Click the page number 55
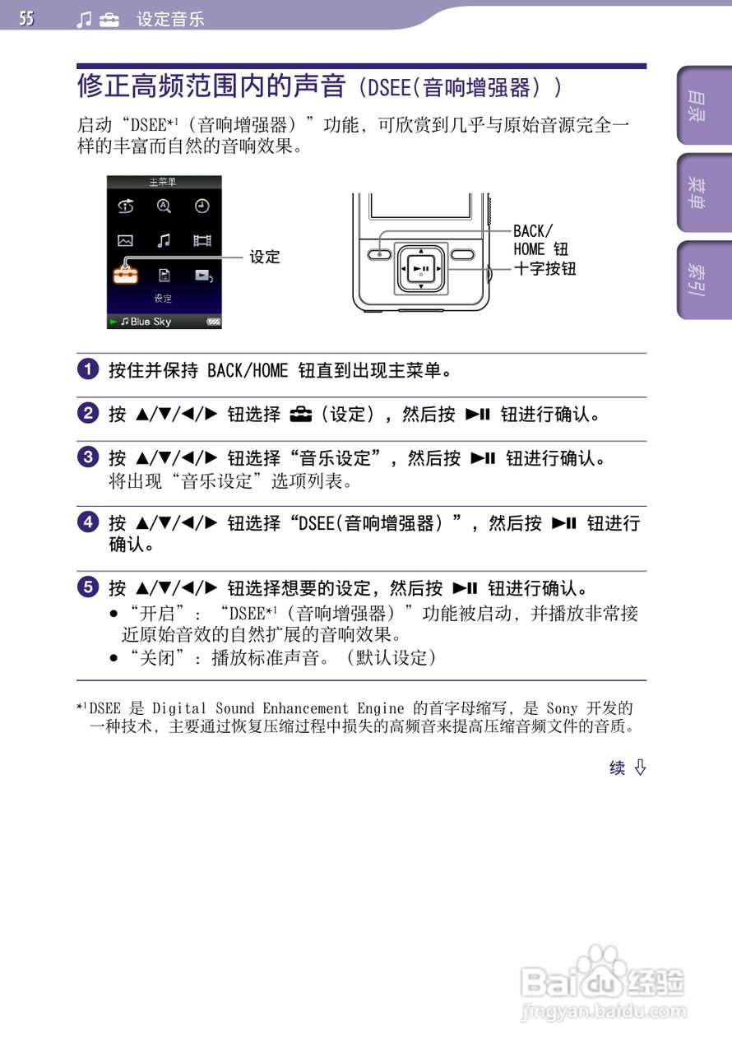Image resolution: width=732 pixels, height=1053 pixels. [x=27, y=18]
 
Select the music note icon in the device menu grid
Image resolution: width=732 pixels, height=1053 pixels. [x=164, y=240]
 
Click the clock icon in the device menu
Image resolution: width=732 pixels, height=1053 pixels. [x=202, y=206]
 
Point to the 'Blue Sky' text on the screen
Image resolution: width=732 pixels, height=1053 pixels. [x=151, y=322]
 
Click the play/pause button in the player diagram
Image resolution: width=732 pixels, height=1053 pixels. [x=421, y=268]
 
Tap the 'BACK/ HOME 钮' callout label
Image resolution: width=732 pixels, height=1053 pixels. [x=541, y=240]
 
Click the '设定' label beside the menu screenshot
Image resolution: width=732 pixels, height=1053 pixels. [x=265, y=257]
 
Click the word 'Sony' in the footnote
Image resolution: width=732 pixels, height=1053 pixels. [x=563, y=708]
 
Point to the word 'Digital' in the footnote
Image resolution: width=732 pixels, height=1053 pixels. [x=179, y=708]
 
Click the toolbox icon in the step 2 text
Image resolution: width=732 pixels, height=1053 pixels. [x=301, y=415]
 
